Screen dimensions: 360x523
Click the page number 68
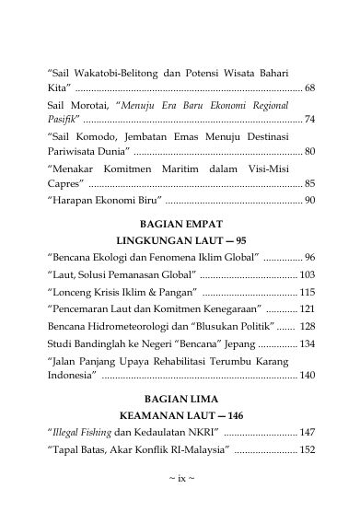click(x=310, y=87)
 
